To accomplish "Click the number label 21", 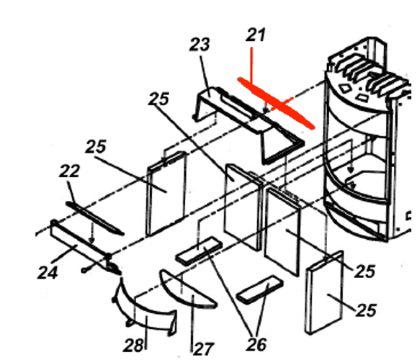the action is (x=256, y=35).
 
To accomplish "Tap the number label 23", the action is (x=199, y=45).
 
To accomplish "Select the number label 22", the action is (x=69, y=171).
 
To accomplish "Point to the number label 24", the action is (x=48, y=273).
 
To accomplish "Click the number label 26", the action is (x=256, y=345).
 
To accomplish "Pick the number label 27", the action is (x=203, y=349).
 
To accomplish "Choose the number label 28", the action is (x=133, y=346).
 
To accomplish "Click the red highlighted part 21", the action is (x=276, y=103).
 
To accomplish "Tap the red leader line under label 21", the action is (x=251, y=65).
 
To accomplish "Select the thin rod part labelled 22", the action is (x=94, y=218).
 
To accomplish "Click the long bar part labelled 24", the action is (x=85, y=246).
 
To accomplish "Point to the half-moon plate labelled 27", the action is (x=186, y=291).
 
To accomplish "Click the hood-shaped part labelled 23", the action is (x=247, y=122).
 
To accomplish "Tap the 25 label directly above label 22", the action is (x=96, y=146).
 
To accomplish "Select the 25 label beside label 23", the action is (x=158, y=99).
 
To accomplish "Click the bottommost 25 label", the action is (x=366, y=310).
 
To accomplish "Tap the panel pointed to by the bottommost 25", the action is (x=324, y=292).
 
